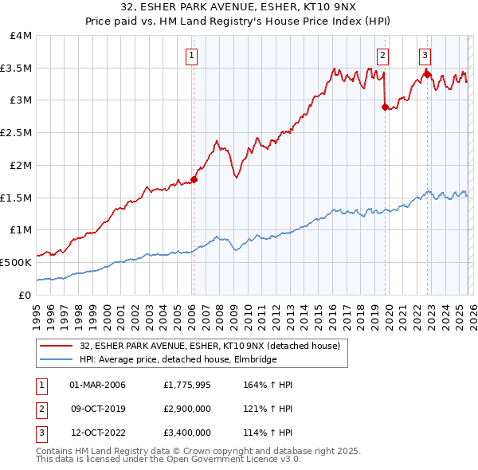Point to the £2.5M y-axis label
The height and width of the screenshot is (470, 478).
[17, 133]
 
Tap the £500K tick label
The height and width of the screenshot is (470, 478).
[16, 262]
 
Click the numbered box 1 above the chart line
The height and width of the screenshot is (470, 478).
[193, 55]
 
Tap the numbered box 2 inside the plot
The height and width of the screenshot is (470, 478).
[383, 55]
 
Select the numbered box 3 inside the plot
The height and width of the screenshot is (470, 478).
[425, 55]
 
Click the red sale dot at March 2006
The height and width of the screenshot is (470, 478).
[194, 180]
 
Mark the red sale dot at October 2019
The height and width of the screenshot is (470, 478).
[385, 107]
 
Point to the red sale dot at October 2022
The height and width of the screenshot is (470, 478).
[427, 75]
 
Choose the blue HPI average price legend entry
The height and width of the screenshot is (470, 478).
[178, 360]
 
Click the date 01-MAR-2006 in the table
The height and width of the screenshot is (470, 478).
[98, 385]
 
